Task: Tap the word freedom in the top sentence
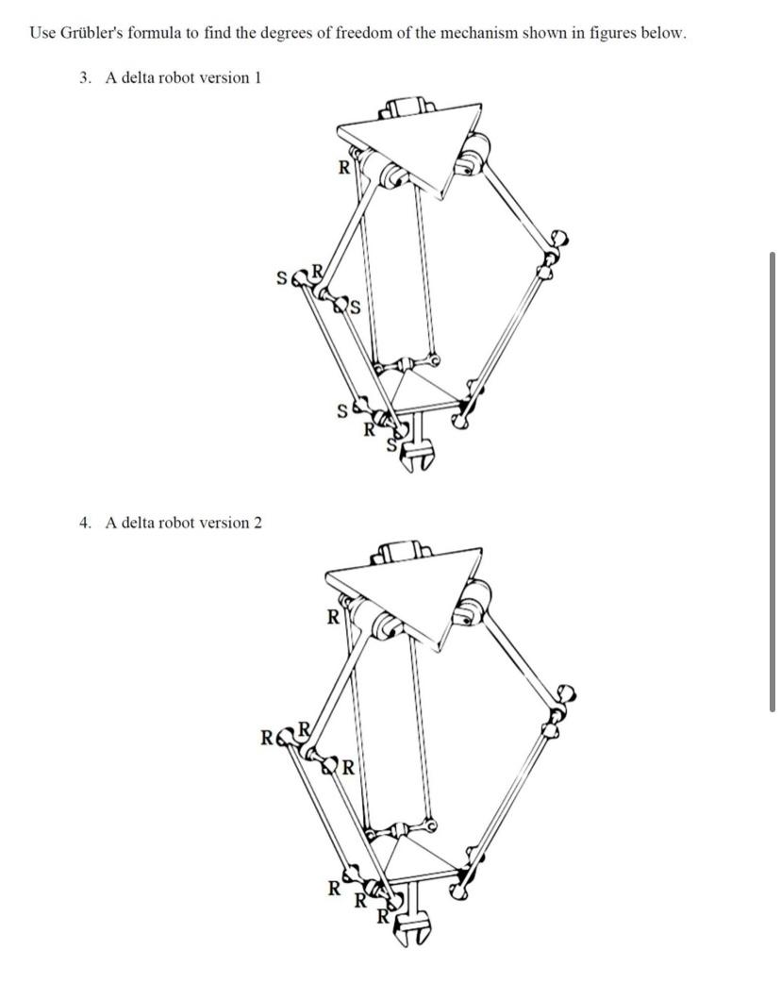(361, 33)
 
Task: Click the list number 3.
(85, 77)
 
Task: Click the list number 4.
(85, 523)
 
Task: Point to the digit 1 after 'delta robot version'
(257, 77)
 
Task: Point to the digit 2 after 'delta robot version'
(258, 523)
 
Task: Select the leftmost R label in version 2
(267, 737)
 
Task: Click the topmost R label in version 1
(344, 169)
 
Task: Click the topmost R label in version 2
(332, 619)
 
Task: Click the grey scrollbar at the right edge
(773, 481)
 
